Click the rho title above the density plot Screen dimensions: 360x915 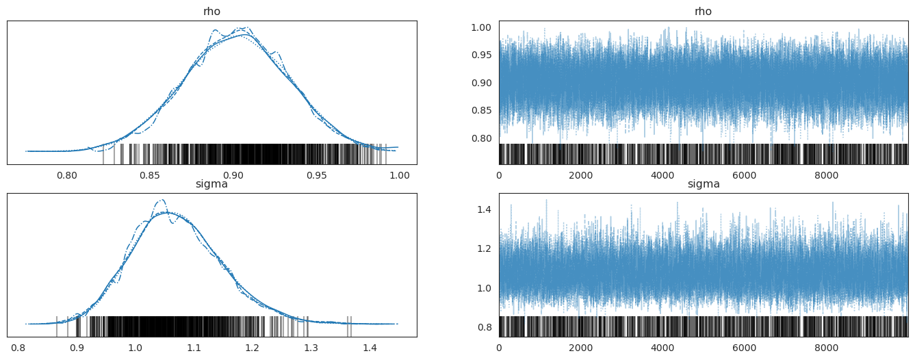tap(211, 11)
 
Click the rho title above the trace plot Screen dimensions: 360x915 tap(704, 11)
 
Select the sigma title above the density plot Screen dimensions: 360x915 tap(211, 183)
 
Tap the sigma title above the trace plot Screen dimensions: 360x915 tap(704, 183)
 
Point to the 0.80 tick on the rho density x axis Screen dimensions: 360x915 tap(67, 175)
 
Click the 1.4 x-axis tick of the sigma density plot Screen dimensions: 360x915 tap(370, 348)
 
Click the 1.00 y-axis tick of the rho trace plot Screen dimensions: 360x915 tap(481, 27)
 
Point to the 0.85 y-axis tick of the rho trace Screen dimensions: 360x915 tap(481, 111)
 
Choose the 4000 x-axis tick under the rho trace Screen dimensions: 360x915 tap(662, 175)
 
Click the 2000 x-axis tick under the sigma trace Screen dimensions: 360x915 tap(580, 348)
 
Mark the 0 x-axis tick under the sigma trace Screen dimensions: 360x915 tap(499, 348)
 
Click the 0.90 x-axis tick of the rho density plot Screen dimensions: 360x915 tap(233, 175)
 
